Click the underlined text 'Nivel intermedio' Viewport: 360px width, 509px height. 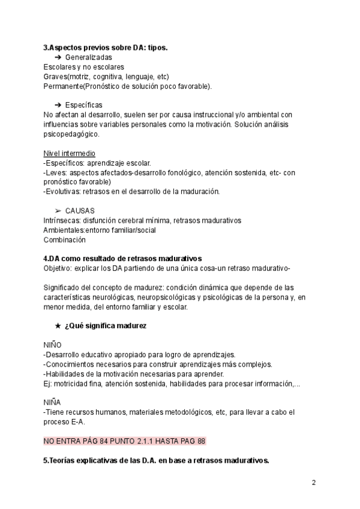point(69,154)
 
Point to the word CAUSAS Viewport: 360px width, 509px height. point(80,211)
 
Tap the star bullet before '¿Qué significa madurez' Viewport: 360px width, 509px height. point(58,325)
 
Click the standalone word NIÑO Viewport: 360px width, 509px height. point(53,345)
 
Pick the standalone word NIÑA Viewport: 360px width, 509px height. point(53,402)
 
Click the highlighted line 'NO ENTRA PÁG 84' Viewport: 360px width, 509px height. point(124,441)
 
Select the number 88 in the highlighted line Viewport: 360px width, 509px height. point(201,441)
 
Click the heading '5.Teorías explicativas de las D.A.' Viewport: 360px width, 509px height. point(156,460)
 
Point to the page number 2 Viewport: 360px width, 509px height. point(314,483)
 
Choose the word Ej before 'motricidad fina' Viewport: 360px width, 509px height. point(47,383)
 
